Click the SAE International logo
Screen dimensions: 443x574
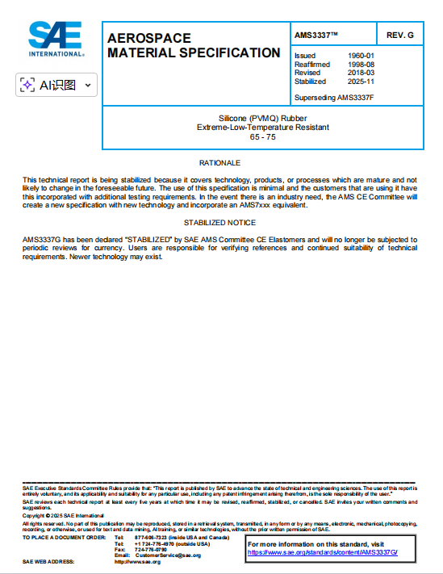coord(55,38)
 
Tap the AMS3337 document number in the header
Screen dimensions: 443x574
coord(316,35)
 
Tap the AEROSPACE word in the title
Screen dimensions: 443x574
coord(149,39)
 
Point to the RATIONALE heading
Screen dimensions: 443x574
coord(219,163)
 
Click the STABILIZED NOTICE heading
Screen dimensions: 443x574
coord(219,222)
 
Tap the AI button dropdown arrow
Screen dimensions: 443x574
coord(87,85)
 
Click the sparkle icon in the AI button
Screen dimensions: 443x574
coord(27,85)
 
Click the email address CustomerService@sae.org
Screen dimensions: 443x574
coord(168,555)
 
